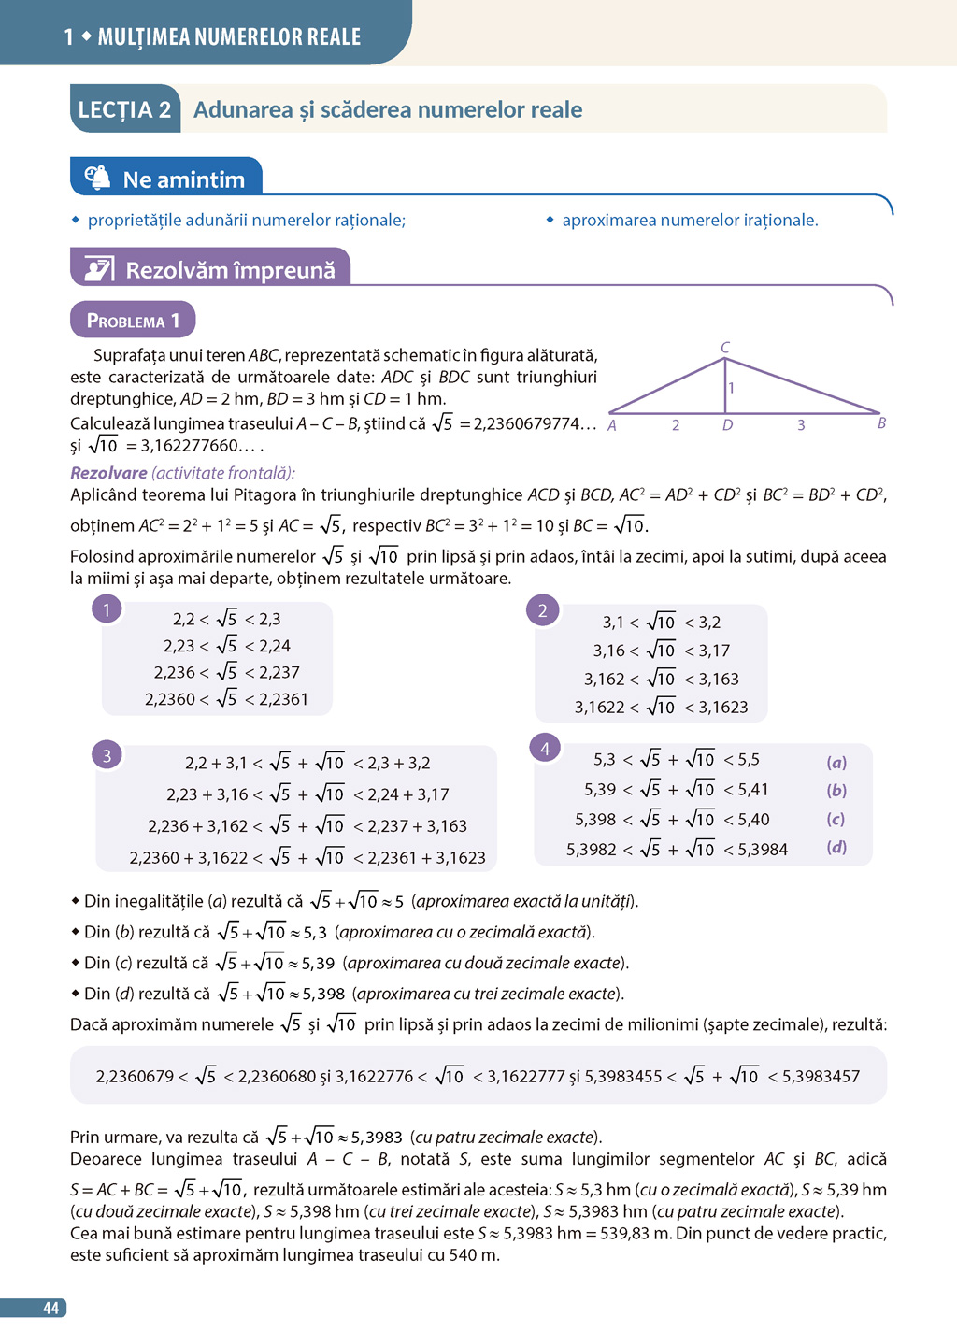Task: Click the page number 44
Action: pos(50,1309)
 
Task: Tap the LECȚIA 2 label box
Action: pos(124,109)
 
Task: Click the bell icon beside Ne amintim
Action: pos(97,178)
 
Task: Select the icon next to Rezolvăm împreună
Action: pos(99,269)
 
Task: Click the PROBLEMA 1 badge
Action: pos(133,321)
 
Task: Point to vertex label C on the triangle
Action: pos(725,348)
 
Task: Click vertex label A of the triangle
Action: pos(612,425)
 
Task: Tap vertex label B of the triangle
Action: pos(881,423)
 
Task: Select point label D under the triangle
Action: pos(727,425)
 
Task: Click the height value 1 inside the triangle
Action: pos(731,388)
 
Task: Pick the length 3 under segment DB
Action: pos(801,425)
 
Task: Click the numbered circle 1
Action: pos(107,610)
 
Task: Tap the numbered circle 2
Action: pos(542,611)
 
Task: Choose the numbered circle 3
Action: pos(107,755)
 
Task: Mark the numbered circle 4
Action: pos(545,749)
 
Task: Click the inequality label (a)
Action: pos(836,763)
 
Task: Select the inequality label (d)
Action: pos(836,848)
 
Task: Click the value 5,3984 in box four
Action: pos(763,850)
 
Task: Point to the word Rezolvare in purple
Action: pos(108,473)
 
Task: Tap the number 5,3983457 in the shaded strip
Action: pos(821,1077)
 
